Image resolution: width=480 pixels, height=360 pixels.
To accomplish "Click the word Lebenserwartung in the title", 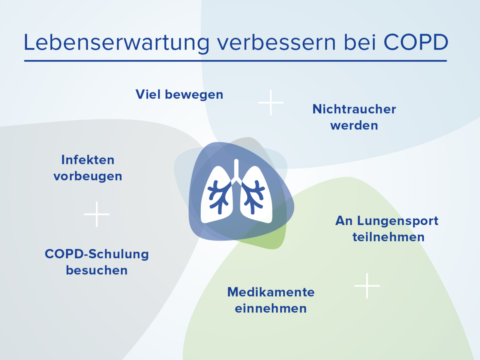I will tap(116, 42).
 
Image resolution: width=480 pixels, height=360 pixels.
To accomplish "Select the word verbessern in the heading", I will tap(276, 42).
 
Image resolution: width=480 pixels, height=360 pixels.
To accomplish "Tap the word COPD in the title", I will tap(416, 42).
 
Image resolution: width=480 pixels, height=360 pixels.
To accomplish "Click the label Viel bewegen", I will tap(179, 94).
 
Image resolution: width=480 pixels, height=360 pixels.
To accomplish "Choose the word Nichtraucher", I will tap(354, 109).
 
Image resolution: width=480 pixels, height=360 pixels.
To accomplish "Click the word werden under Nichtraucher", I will tap(354, 125).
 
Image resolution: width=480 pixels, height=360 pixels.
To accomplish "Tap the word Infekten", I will tap(88, 160).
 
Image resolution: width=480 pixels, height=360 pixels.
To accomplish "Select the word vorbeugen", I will tap(88, 176).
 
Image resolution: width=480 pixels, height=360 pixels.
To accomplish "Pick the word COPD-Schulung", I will tap(97, 254).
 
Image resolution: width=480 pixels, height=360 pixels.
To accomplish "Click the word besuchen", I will tap(97, 270).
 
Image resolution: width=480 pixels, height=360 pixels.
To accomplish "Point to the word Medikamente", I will tap(271, 292).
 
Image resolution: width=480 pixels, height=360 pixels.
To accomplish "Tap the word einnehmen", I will tap(271, 309).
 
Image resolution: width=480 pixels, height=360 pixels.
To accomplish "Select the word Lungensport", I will tap(397, 221).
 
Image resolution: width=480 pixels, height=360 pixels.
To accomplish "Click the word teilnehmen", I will tap(388, 237).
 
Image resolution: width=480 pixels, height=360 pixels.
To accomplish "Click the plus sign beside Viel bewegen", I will tap(271, 102).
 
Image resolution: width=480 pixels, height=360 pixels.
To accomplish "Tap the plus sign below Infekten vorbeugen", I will tap(97, 214).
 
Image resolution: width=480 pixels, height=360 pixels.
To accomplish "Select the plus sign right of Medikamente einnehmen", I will tap(367, 286).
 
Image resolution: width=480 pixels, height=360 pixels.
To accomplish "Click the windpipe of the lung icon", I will tap(236, 169).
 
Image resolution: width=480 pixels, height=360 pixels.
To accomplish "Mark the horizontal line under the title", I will tap(235, 61).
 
